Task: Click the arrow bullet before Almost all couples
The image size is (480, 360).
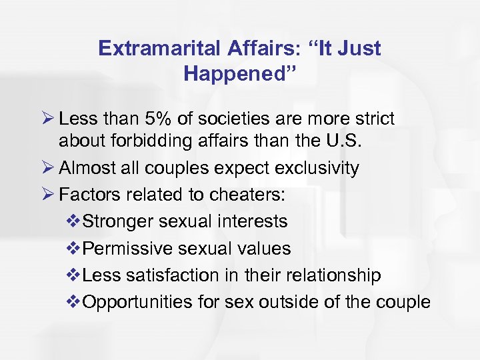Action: point(65,167)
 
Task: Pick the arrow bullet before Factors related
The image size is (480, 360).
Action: point(65,195)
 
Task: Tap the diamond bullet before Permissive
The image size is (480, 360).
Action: point(73,249)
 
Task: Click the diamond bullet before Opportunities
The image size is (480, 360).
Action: point(73,302)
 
